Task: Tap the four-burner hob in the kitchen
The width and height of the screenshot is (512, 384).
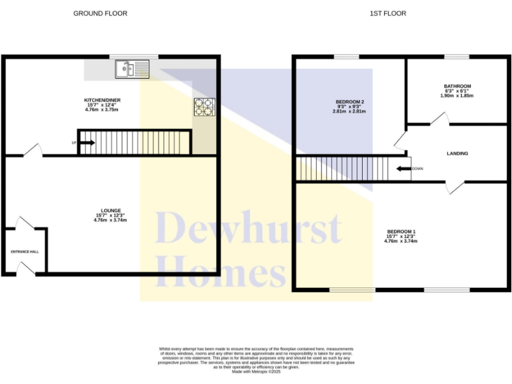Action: pos(204,107)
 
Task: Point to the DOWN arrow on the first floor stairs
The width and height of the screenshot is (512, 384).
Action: pos(404,169)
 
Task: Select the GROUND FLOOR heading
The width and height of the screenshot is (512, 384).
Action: pos(100,13)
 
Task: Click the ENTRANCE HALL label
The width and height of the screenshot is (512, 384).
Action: pos(25,252)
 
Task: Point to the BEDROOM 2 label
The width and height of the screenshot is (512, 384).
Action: pos(349,102)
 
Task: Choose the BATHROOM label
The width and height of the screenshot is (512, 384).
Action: pos(457,86)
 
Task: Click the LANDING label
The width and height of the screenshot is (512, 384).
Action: pos(457,153)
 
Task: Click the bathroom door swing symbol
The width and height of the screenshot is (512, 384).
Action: pos(439,119)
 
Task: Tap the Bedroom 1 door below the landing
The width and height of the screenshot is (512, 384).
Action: pos(456,187)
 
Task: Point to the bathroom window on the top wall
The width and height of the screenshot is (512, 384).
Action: pos(457,57)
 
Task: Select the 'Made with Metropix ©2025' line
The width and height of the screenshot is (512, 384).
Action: pos(255,371)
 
